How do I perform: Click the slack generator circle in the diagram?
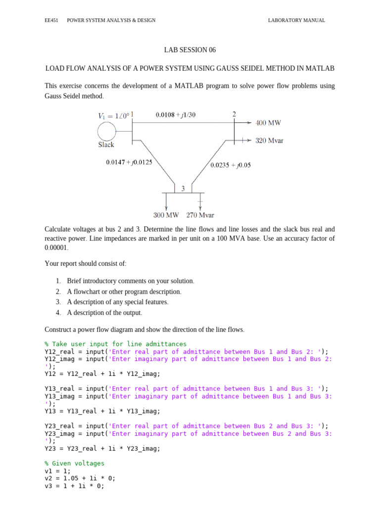pos(106,131)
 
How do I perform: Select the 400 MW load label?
pos(268,122)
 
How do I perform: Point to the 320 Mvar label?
pos(269,141)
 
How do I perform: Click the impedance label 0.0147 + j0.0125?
pos(129,162)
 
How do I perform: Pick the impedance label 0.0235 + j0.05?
pos(231,165)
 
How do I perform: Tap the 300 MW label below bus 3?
pos(166,215)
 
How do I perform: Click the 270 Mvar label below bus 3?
pos(200,215)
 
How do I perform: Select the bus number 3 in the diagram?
pos(183,189)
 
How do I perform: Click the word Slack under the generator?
pos(106,145)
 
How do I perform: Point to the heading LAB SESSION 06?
pos(190,50)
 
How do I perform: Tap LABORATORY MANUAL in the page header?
pos(296,20)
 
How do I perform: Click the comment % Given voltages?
pos(74,463)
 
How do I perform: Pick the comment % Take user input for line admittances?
pos(115,344)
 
